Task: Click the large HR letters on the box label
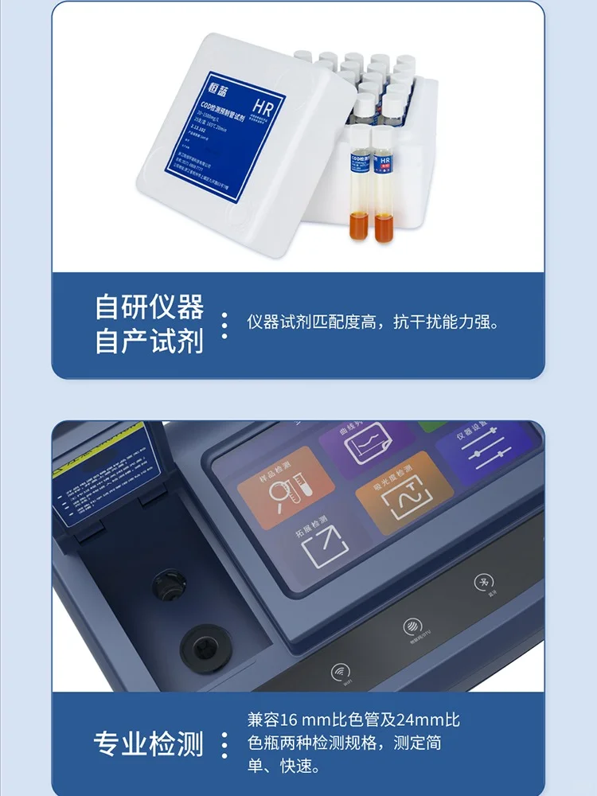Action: [x=263, y=104]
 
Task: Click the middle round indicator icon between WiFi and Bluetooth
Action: [x=412, y=626]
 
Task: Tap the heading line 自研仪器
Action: [x=149, y=306]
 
